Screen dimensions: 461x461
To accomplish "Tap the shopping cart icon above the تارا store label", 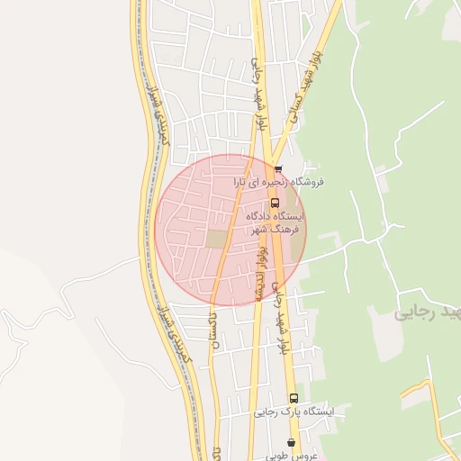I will (278, 168).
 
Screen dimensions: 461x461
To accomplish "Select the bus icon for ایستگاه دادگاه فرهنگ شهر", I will (275, 203).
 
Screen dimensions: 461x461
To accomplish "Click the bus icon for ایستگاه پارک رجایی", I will (294, 397).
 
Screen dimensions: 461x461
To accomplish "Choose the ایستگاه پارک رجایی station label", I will (294, 411).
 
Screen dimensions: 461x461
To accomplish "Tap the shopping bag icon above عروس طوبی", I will (290, 442).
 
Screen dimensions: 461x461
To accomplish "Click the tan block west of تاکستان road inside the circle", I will (217, 240).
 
